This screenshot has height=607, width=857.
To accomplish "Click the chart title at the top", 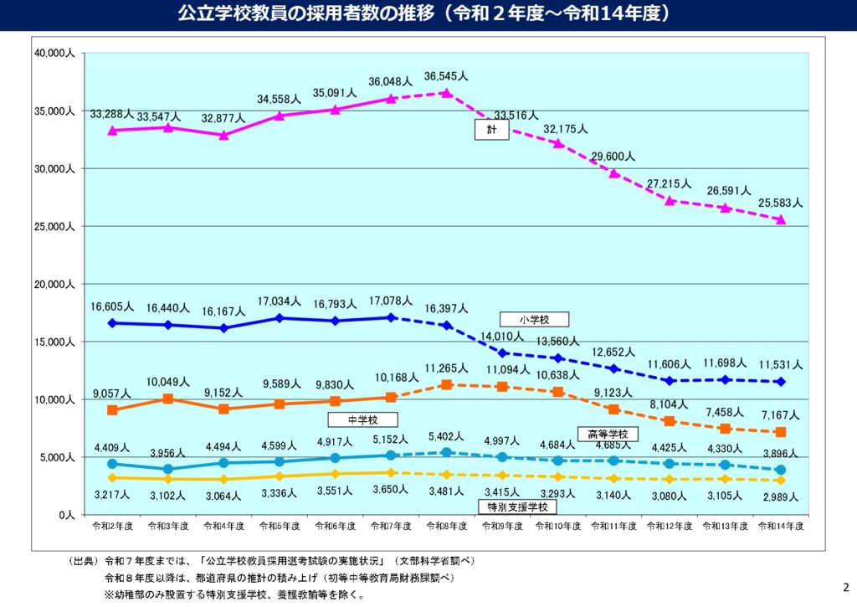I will pos(428,14).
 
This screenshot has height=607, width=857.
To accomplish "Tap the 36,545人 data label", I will pos(446,76).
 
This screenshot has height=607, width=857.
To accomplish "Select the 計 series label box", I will pos(491,130).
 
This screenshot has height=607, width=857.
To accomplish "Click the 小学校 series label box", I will pos(534,319).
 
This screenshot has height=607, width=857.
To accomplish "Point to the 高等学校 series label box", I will pos(608,434).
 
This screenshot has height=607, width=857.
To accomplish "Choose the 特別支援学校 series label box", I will pos(516,507).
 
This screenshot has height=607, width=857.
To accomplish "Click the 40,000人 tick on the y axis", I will pos(54,54).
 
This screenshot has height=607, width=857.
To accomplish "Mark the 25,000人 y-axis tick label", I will pos(54,227).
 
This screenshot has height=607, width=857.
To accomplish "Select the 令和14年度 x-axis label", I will pos(781,527).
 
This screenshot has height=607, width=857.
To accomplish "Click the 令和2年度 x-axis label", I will pos(111,527).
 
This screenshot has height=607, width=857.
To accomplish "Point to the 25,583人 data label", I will pos(781,203).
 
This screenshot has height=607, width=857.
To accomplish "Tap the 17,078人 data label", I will pos(390,300).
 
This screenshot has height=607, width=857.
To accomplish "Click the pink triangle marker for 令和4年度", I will pos(223,135).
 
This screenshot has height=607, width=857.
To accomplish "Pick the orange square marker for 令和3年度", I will pos(168,399).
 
